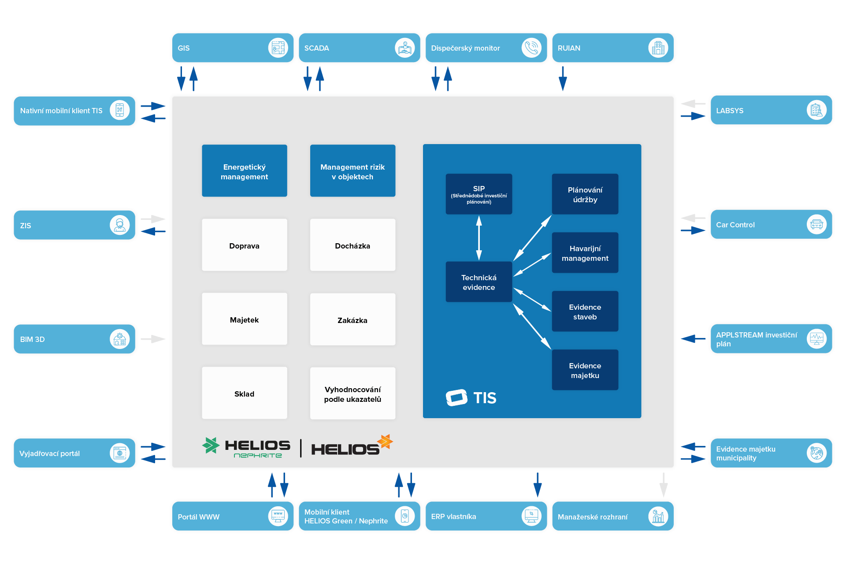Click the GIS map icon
278,48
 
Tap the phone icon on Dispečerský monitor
531,48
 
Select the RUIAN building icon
658,48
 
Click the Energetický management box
245,171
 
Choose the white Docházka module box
352,245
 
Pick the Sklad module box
245,393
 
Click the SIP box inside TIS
479,194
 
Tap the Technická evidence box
479,282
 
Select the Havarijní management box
585,253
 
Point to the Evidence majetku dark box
585,370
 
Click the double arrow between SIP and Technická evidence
479,238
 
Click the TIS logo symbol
456,397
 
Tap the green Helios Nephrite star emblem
211,445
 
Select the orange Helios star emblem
385,441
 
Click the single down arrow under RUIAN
563,78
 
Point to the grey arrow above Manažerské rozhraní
664,485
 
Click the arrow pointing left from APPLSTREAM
693,339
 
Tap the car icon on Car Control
816,224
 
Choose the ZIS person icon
119,225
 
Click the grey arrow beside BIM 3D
153,339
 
